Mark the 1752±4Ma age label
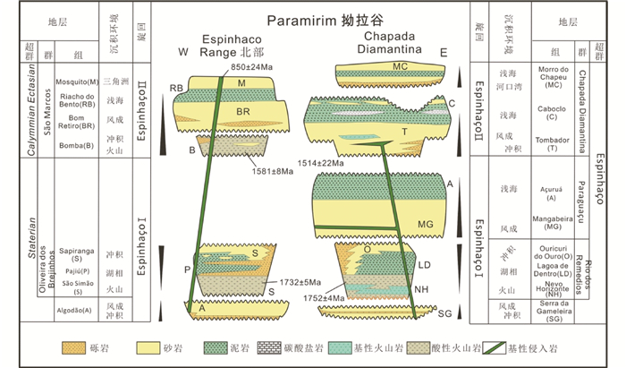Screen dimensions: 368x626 click(322, 297)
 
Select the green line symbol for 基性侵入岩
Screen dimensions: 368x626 click(501, 346)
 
